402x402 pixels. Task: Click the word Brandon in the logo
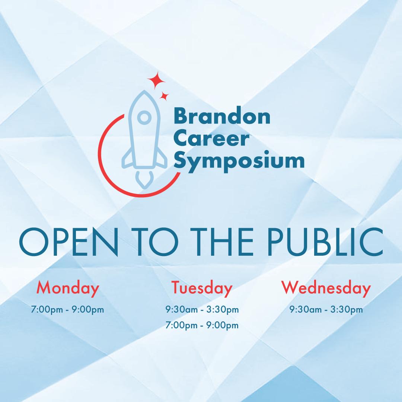pyautogui.click(x=222, y=117)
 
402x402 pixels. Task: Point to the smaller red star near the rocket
pyautogui.click(x=164, y=96)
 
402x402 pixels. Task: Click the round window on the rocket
pyautogui.click(x=144, y=118)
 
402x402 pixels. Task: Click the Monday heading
pyautogui.click(x=68, y=288)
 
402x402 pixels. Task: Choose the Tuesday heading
pyautogui.click(x=202, y=288)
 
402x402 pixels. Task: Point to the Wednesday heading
pyautogui.click(x=326, y=288)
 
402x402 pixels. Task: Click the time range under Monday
pyautogui.click(x=68, y=309)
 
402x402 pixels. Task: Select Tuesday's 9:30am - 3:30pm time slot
pyautogui.click(x=202, y=309)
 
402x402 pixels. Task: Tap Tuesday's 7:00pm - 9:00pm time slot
pyautogui.click(x=202, y=326)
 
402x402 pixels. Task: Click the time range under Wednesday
pyautogui.click(x=326, y=309)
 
